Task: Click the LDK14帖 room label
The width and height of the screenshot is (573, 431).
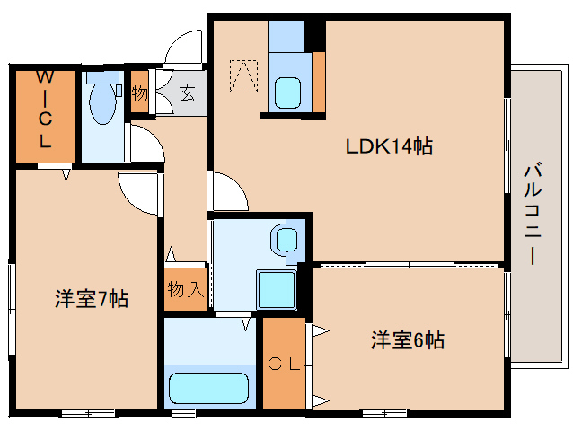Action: tap(389, 146)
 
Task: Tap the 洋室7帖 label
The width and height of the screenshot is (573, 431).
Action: tap(92, 299)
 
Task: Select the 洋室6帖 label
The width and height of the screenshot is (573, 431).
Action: tap(408, 339)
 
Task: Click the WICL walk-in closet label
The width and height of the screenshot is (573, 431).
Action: tap(45, 109)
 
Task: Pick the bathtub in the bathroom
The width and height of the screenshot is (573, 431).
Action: tap(208, 388)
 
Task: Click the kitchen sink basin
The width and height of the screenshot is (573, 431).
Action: tap(287, 92)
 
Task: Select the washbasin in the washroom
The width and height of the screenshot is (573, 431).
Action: tap(286, 241)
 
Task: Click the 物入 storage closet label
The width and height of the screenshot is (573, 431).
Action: tap(185, 289)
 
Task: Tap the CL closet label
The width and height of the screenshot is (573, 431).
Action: tap(284, 364)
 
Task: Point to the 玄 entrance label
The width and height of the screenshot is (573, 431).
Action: tap(188, 93)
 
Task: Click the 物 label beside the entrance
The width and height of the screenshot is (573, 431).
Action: tap(139, 93)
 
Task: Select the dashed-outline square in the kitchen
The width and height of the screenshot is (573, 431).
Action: tap(243, 76)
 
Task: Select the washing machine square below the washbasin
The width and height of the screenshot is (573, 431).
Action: tap(277, 290)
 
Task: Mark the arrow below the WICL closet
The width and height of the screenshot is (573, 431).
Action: tap(66, 175)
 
